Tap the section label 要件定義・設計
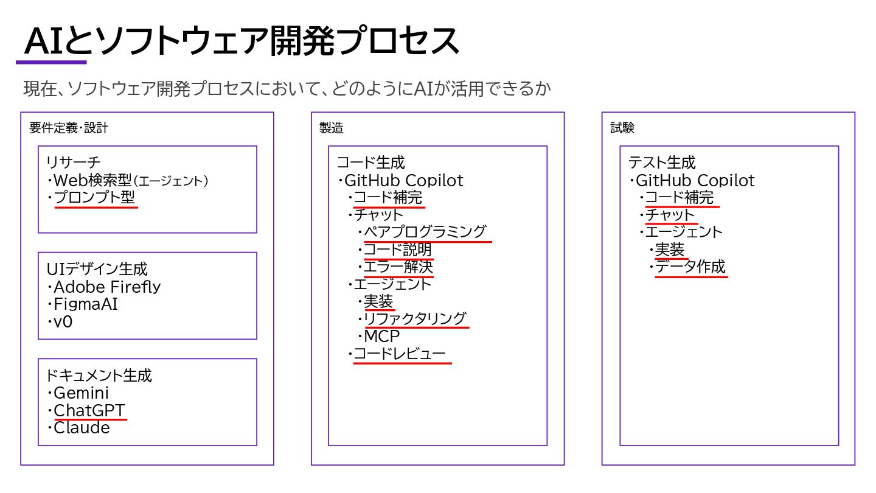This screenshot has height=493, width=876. point(68,128)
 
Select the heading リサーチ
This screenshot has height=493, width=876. point(73,163)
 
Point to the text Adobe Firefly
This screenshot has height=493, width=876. point(107,287)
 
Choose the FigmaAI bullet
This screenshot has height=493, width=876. point(86,304)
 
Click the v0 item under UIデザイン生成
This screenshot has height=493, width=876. point(63,321)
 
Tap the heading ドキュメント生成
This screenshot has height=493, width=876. point(99,375)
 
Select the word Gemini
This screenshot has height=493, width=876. point(81,393)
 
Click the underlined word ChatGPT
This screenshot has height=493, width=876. point(89,410)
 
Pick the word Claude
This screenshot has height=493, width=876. point(82,428)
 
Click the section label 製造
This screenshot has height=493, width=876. point(331,128)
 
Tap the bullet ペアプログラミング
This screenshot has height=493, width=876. point(425,232)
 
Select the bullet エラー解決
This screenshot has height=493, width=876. point(398,267)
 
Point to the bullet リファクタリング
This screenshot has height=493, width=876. point(415,318)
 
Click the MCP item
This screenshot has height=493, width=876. point(381,336)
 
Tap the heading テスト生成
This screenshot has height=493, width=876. point(662,163)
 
